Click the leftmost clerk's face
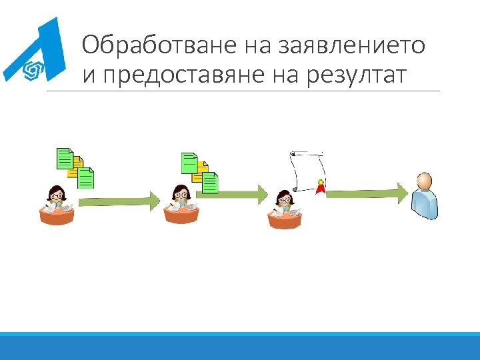[57, 195]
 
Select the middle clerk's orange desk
[182, 215]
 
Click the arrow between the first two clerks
[119, 199]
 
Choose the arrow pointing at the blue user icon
[367, 193]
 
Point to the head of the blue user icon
[424, 181]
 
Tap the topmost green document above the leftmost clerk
[64, 157]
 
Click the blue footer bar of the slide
[240, 346]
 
